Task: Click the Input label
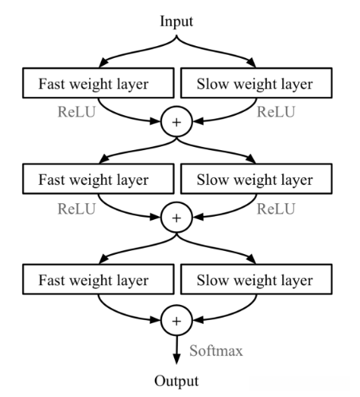[176, 17]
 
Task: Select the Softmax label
[216, 349]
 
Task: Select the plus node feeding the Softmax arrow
[176, 322]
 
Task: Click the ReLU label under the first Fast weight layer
[77, 112]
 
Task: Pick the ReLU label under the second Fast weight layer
[77, 208]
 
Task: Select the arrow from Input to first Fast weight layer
[127, 52]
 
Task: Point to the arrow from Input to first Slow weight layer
[226, 52]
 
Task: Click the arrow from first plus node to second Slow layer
[226, 151]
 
